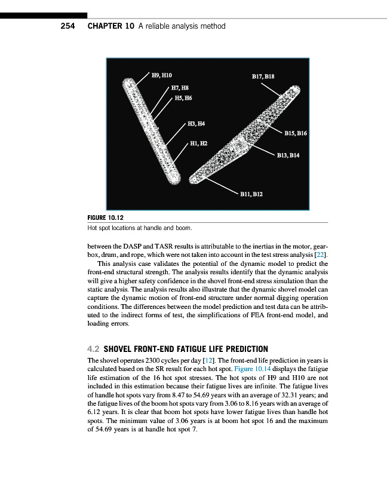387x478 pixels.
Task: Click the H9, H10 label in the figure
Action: [162, 75]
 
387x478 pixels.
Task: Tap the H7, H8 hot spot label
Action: [180, 88]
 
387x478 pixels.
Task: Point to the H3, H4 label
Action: [196, 124]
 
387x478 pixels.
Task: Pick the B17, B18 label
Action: [263, 76]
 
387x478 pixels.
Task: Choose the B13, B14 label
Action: [288, 155]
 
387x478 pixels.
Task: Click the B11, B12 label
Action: [251, 194]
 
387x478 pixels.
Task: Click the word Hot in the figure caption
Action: [92, 228]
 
